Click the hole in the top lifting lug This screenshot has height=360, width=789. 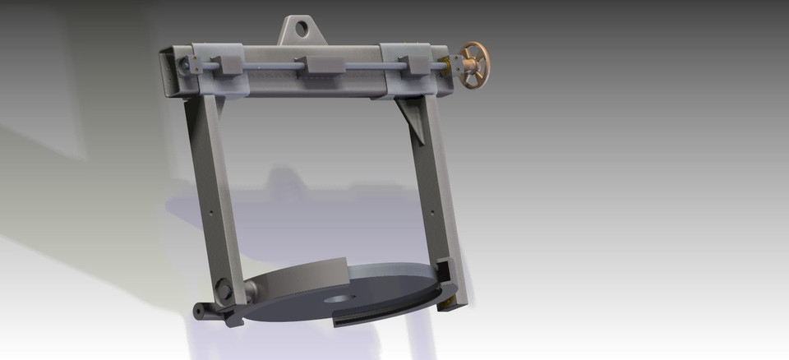pos(302,29)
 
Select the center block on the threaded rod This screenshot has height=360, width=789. pos(323,65)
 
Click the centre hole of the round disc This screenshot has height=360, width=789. pos(336,298)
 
